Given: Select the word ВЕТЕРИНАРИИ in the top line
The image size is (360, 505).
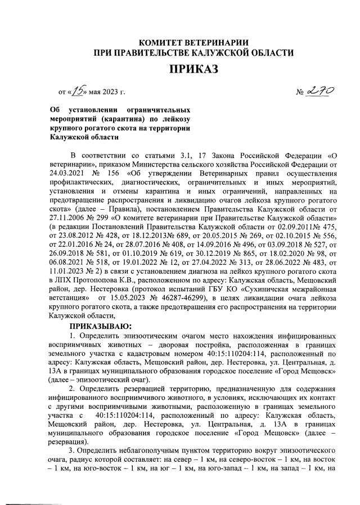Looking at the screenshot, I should pos(223,40).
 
